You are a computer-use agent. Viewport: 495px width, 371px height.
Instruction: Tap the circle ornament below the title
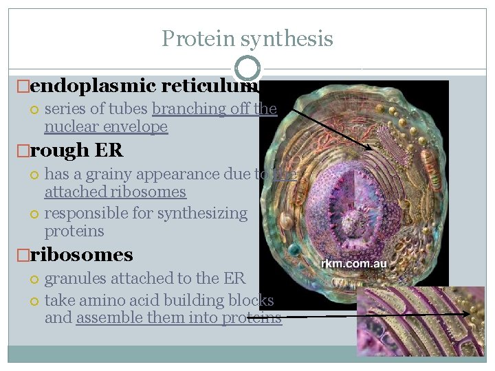pos(247,68)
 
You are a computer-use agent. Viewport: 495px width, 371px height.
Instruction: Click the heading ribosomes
pos(82,255)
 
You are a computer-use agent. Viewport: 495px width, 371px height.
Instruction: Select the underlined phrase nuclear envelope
pos(106,127)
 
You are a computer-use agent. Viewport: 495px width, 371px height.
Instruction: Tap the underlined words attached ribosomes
pos(115,192)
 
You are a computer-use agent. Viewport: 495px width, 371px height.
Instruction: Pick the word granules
pos(76,278)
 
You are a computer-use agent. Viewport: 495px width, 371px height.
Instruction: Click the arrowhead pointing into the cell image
pos(370,148)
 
